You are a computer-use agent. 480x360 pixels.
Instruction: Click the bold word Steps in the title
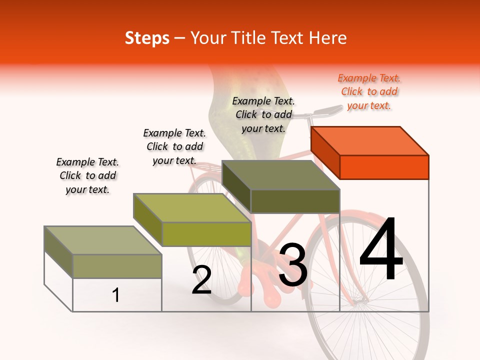(x=147, y=38)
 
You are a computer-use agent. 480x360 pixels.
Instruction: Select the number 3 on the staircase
(x=293, y=265)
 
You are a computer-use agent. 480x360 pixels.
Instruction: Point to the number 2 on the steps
(x=201, y=280)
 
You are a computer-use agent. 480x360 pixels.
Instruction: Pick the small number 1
(x=115, y=295)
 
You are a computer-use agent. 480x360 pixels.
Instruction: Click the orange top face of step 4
(x=370, y=140)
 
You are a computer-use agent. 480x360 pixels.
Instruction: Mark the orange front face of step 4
(x=384, y=167)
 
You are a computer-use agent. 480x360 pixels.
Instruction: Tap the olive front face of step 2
(x=206, y=234)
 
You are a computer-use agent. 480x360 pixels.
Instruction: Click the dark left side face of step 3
(x=236, y=186)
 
